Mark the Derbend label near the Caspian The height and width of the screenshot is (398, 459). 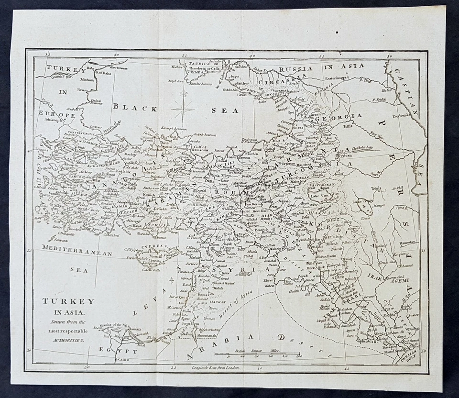pos(401,116)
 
